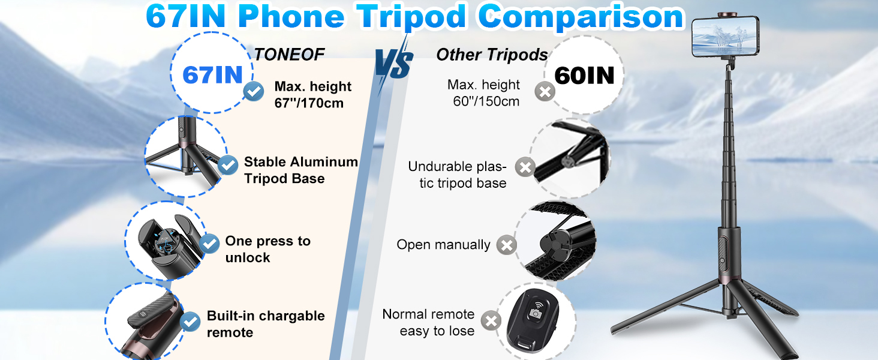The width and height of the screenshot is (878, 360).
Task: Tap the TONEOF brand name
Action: [289, 55]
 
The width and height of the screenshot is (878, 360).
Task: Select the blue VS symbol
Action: [395, 65]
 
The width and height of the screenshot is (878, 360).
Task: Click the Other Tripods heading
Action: [492, 55]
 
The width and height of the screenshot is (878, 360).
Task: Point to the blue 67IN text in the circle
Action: [213, 75]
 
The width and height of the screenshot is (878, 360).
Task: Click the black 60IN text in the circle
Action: [584, 75]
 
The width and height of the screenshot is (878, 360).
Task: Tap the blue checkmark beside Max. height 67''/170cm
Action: [254, 91]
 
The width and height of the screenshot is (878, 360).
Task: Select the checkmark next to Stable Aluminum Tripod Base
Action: [227, 164]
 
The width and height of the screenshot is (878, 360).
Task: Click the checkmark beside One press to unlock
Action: [209, 243]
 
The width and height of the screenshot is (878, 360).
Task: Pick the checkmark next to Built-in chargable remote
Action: [190, 322]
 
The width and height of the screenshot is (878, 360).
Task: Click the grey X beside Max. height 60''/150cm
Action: [545, 92]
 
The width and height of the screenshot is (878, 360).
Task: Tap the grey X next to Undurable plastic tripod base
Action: [525, 167]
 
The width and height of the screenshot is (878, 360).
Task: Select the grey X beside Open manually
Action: [507, 245]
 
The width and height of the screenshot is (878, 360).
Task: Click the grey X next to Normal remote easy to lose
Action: [491, 320]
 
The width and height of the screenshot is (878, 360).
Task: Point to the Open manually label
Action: [443, 245]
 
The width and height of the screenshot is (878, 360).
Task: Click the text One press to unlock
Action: [267, 249]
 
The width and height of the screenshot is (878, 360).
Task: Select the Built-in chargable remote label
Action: [266, 324]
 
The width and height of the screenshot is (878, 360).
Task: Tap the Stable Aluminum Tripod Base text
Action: [300, 170]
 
